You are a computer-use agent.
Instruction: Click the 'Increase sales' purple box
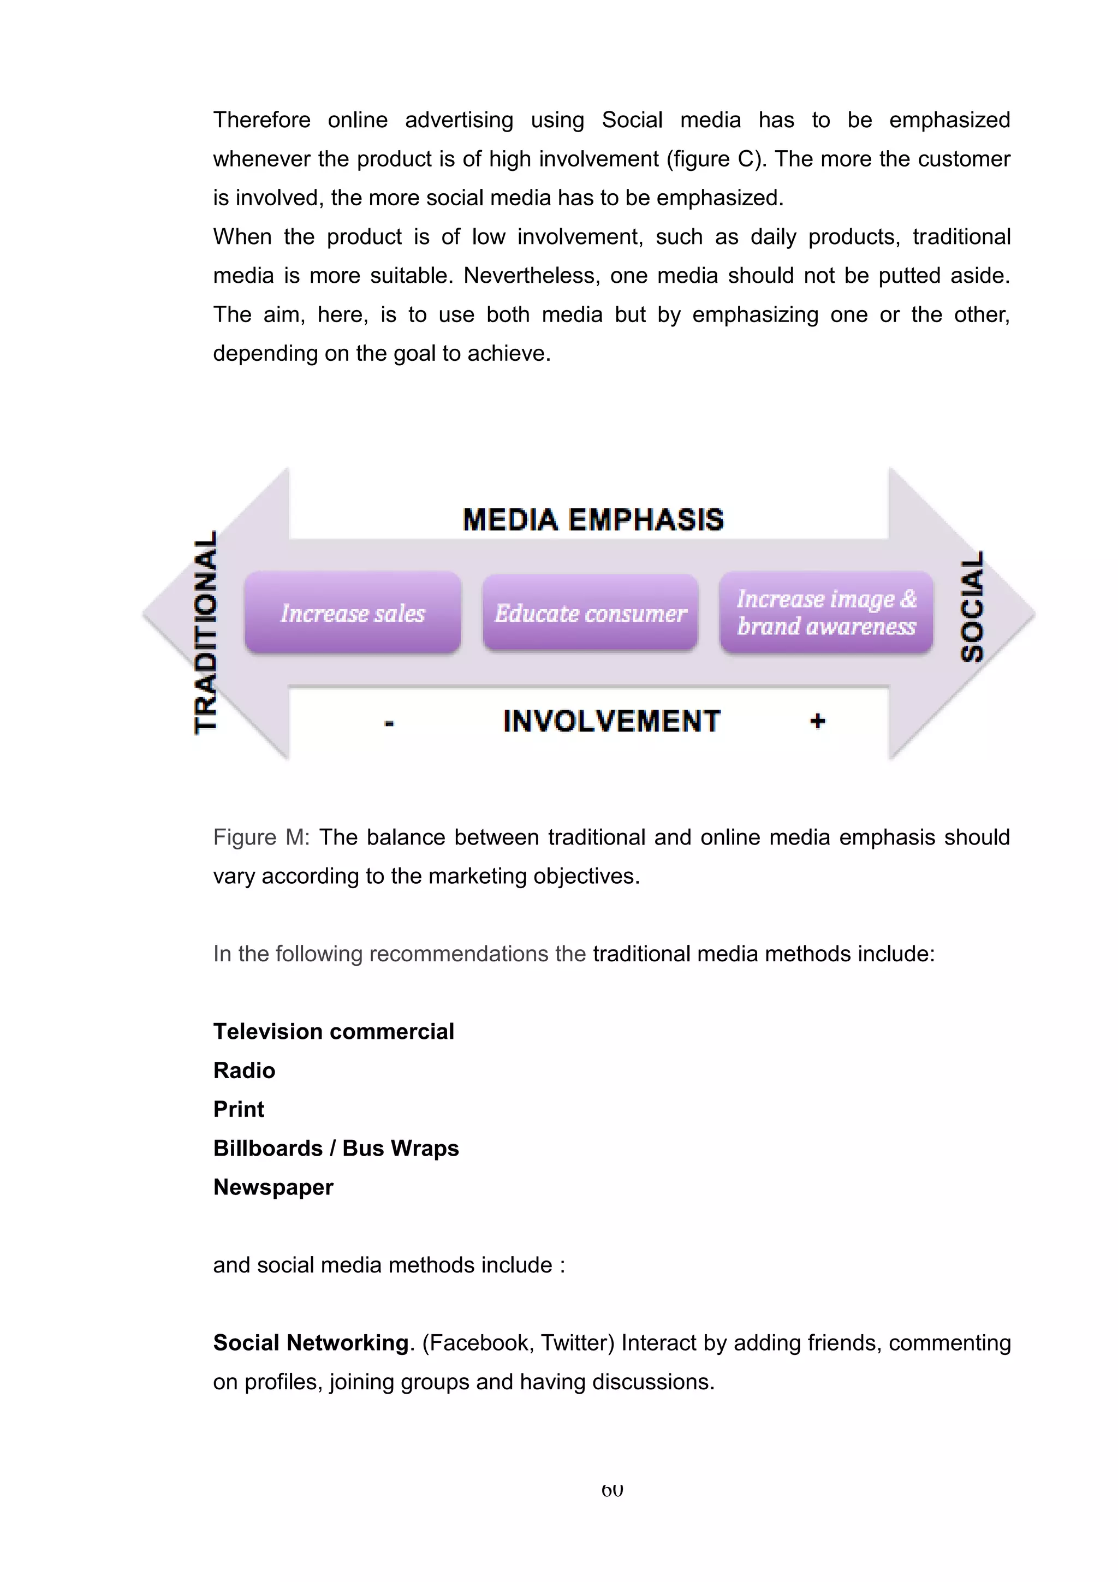(x=353, y=612)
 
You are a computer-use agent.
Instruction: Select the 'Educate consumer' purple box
(x=590, y=612)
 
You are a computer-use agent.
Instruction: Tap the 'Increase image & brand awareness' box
(x=826, y=612)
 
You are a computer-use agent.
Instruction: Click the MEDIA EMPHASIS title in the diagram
(x=593, y=520)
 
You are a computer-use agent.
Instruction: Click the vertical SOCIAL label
(x=972, y=606)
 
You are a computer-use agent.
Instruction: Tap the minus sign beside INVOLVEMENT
(x=389, y=723)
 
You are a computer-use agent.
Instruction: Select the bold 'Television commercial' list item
(x=334, y=1032)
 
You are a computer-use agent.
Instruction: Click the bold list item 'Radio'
(x=244, y=1070)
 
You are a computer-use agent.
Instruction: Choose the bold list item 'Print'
(x=239, y=1109)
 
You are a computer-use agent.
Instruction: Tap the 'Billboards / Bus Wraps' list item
(x=336, y=1148)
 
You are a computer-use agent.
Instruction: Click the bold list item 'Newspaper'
(x=273, y=1187)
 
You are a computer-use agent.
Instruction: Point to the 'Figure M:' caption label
(x=261, y=837)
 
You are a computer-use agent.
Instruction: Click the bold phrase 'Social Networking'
(x=311, y=1343)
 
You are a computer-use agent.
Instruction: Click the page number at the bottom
(x=612, y=1490)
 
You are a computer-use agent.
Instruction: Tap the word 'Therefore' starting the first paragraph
(x=262, y=120)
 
